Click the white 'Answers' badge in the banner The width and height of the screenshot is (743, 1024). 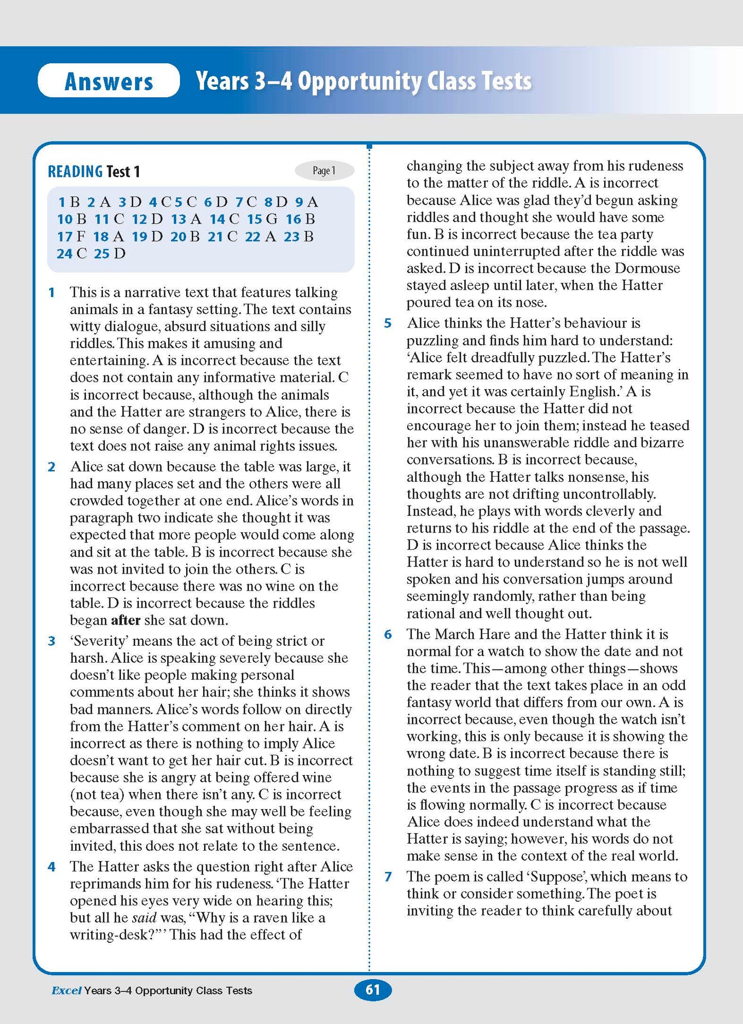pyautogui.click(x=108, y=81)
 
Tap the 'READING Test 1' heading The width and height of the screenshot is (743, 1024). pyautogui.click(x=94, y=172)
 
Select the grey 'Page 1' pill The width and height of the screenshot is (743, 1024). pyautogui.click(x=324, y=171)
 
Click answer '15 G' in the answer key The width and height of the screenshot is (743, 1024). pyautogui.click(x=262, y=220)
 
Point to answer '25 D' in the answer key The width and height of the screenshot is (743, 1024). pyautogui.click(x=110, y=253)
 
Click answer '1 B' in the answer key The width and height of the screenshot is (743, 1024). pyautogui.click(x=69, y=202)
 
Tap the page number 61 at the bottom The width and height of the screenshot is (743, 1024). pyautogui.click(x=373, y=990)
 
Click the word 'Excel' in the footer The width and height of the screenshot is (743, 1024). pyautogui.click(x=66, y=991)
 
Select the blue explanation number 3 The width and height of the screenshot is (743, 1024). pyautogui.click(x=51, y=641)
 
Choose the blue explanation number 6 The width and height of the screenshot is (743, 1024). pyautogui.click(x=388, y=634)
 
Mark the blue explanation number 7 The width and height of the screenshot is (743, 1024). pyautogui.click(x=388, y=876)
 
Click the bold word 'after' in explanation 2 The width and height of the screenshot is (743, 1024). pyautogui.click(x=125, y=620)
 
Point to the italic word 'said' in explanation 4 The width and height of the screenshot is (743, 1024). pyautogui.click(x=144, y=918)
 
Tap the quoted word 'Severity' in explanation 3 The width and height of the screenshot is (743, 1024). pyautogui.click(x=99, y=641)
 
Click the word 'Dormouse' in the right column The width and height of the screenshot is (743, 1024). pyautogui.click(x=647, y=268)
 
